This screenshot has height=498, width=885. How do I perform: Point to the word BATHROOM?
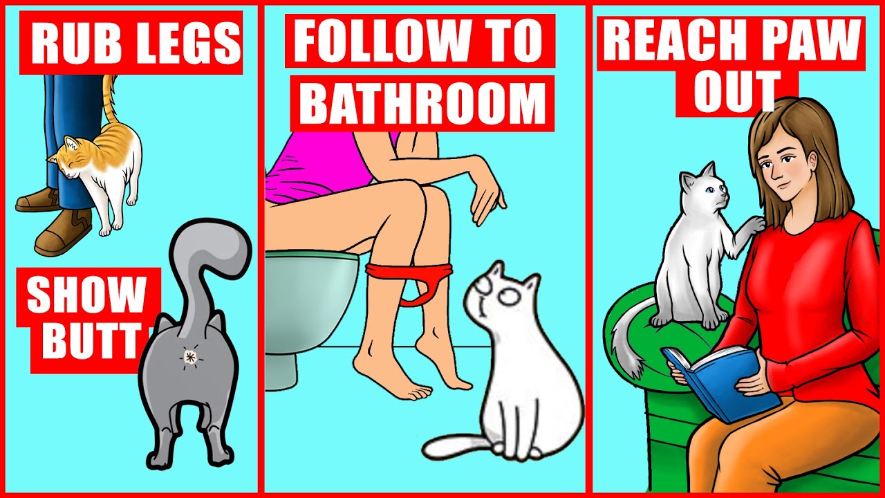point(422,102)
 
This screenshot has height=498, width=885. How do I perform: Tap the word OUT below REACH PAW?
point(737,92)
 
